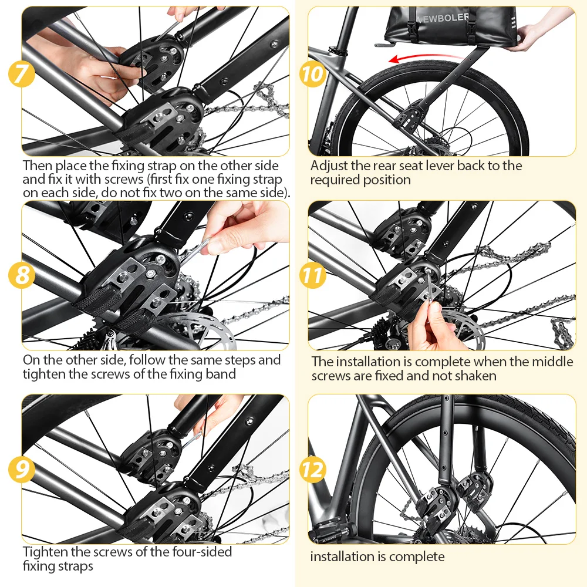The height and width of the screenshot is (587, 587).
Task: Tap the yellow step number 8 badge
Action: (22, 275)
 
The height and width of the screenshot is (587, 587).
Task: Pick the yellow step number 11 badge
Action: (312, 275)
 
